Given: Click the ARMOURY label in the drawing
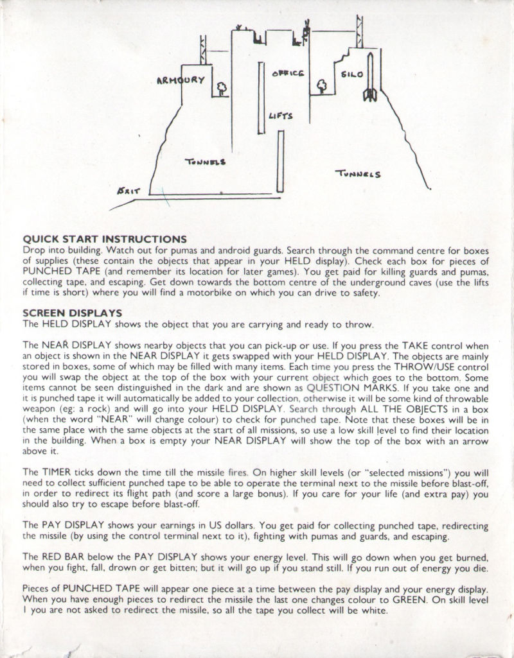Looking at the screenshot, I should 180,80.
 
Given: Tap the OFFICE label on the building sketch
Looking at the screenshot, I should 287,73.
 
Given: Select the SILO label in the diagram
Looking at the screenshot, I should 352,74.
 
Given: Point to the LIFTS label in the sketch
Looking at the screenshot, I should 281,116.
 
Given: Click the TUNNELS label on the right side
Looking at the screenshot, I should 359,173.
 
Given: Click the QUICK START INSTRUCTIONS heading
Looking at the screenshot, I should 105,239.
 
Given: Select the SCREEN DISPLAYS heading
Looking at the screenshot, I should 73,313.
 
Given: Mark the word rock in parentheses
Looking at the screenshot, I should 109,408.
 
